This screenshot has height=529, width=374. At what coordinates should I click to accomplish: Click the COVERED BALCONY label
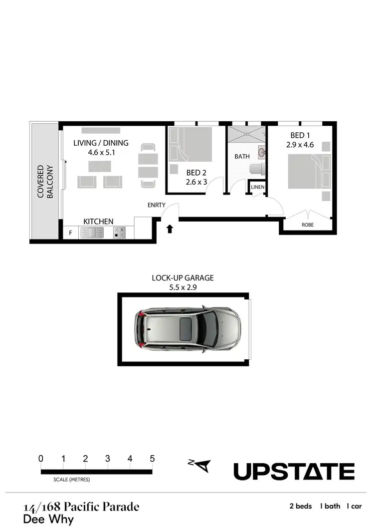45,182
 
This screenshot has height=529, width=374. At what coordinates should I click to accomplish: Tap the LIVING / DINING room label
101,143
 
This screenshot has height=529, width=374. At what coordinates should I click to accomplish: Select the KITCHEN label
98,221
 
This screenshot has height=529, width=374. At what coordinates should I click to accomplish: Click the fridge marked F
70,233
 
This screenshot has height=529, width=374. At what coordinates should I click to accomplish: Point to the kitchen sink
92,233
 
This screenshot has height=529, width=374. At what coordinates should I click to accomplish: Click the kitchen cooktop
120,233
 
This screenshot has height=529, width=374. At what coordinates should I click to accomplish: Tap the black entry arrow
170,229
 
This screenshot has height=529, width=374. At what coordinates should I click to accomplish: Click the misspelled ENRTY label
156,205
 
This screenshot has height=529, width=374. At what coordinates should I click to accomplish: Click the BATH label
242,156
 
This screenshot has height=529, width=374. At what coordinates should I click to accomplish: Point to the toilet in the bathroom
256,169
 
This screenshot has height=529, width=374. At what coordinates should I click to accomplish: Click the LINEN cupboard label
257,187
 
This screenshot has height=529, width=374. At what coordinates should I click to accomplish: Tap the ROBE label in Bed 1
308,225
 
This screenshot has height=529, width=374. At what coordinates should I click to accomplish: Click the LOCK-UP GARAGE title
183,278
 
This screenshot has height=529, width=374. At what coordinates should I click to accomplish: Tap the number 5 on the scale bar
152,459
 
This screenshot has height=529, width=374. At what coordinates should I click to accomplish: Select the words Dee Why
48,519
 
